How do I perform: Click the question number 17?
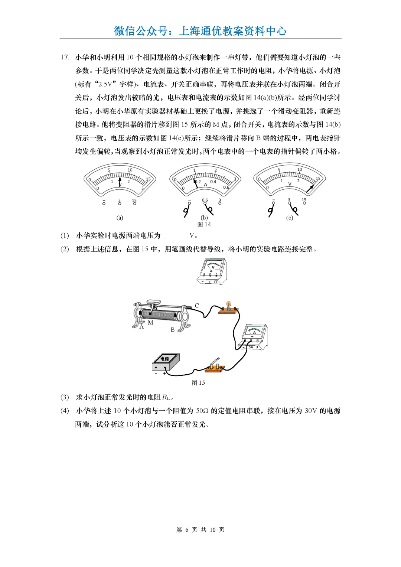65,57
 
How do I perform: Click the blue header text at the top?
200,30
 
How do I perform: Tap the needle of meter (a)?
120,182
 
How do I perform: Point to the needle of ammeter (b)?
196,183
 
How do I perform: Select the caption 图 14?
204,224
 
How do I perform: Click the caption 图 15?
198,383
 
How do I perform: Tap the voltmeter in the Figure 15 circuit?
212,271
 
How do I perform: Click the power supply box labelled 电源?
166,362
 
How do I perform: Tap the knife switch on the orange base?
215,366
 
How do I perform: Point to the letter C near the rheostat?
197,306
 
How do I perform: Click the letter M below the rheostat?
150,323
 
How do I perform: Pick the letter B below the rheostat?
173,330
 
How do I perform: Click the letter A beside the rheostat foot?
141,327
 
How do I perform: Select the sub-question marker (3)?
65,397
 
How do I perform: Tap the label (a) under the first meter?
120,218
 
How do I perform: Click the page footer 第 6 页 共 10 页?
200,530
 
